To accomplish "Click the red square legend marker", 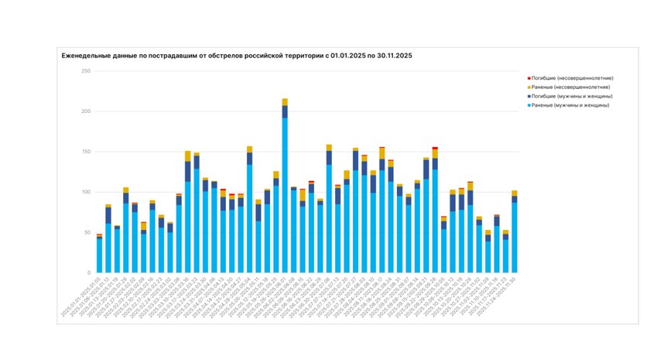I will point(529,78).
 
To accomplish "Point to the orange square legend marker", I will point(529,87).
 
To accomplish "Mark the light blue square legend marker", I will point(529,105).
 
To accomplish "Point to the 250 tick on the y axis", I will point(86,71).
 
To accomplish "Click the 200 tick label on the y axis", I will point(86,111).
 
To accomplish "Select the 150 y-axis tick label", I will point(86,152).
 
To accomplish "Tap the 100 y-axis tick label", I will point(86,192).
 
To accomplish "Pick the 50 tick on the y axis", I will point(87,232).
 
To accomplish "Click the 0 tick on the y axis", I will point(89,273).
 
